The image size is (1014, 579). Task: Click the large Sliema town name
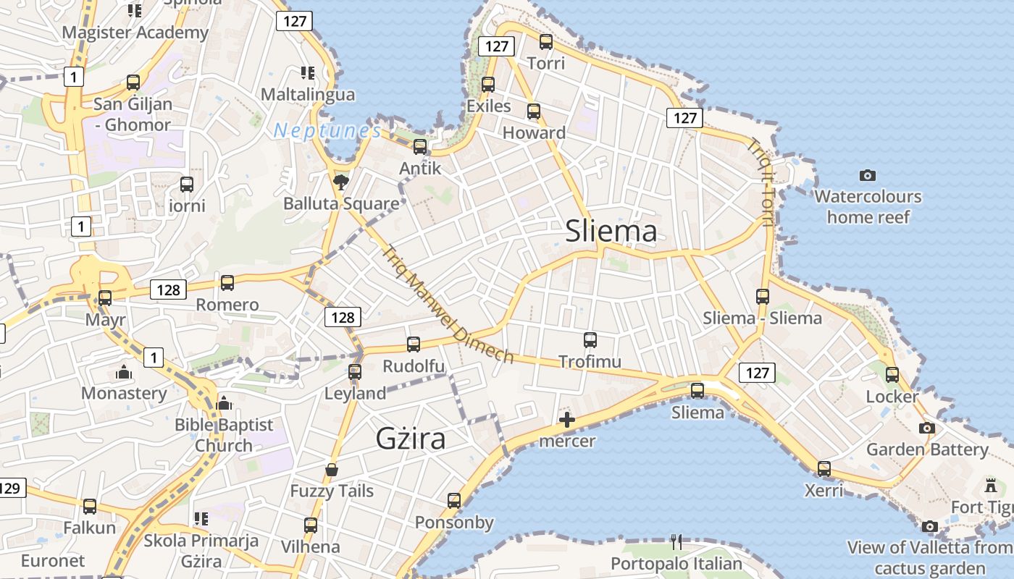[x=611, y=231]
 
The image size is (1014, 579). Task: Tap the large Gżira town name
[x=411, y=439]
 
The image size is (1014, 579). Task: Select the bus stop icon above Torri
[x=546, y=42]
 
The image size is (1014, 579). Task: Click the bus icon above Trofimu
[x=590, y=339]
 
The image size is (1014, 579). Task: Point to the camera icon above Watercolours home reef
[x=867, y=175]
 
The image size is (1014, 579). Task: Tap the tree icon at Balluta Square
[x=340, y=182]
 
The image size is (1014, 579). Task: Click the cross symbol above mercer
[x=567, y=420]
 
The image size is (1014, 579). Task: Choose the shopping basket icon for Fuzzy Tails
[x=332, y=470]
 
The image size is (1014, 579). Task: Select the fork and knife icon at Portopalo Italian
[x=676, y=542]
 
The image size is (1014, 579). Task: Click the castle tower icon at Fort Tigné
[x=991, y=485]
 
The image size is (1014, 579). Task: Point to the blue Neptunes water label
[x=327, y=131]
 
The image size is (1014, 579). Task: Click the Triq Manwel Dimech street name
[x=447, y=304]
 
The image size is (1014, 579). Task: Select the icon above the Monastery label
[x=124, y=373]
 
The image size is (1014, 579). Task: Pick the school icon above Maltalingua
[x=308, y=73]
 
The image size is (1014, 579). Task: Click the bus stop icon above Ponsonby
[x=454, y=501]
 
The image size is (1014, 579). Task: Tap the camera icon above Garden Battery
[x=926, y=428]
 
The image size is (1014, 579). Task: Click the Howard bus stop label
[x=534, y=132]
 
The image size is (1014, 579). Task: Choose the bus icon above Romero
[x=227, y=283]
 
